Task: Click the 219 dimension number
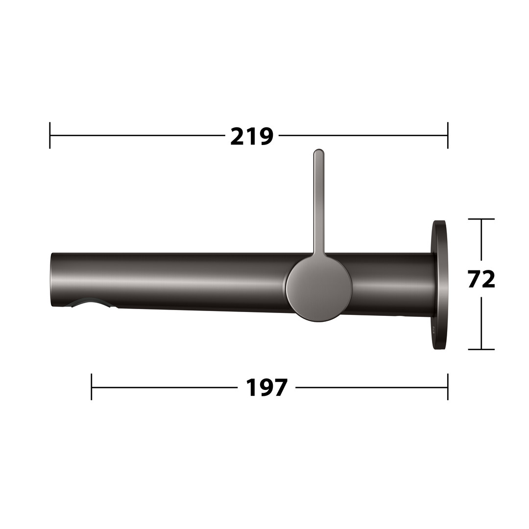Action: pyautogui.click(x=252, y=137)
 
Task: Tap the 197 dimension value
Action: pyautogui.click(x=266, y=387)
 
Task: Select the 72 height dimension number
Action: pyautogui.click(x=481, y=279)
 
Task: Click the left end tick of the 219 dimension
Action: pyautogui.click(x=50, y=135)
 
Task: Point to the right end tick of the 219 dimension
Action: pyautogui.click(x=448, y=135)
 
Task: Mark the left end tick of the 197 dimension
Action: pyautogui.click(x=92, y=387)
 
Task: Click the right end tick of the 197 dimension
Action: pyautogui.click(x=448, y=387)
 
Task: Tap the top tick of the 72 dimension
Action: pyautogui.click(x=481, y=219)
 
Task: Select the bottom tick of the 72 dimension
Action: pyautogui.click(x=481, y=349)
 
